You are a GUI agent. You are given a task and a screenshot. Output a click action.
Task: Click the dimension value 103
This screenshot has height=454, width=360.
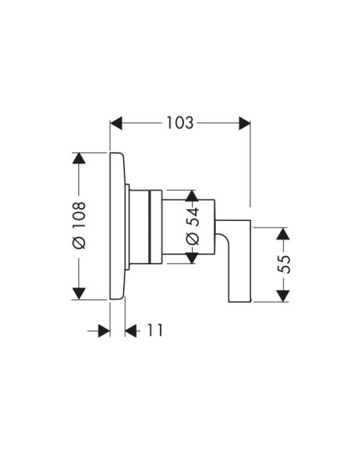click(180, 123)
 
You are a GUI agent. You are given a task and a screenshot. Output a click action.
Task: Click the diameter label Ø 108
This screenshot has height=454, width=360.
click(79, 226)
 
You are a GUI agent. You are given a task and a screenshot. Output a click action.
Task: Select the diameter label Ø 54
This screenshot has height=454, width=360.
click(193, 226)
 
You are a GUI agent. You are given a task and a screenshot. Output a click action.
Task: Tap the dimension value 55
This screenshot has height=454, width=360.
click(283, 263)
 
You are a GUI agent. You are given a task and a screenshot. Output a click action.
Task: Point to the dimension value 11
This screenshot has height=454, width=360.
click(155, 330)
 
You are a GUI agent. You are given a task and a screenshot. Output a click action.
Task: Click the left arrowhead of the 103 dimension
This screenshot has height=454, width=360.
click(116, 123)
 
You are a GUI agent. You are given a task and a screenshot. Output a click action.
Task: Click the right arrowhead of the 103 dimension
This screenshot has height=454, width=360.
click(245, 123)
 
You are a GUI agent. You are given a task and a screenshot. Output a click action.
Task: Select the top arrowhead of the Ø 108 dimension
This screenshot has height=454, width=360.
click(79, 158)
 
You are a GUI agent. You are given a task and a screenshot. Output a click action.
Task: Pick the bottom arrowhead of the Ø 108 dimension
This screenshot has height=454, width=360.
click(79, 294)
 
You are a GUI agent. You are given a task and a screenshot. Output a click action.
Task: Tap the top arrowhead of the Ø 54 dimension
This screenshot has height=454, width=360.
click(192, 195)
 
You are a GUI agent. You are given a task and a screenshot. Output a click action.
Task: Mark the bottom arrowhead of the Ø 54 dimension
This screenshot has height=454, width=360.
click(192, 258)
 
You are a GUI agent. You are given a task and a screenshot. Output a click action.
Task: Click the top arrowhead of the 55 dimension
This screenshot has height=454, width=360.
click(282, 233)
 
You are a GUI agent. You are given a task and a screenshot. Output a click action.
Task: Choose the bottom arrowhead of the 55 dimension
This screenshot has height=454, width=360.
click(282, 296)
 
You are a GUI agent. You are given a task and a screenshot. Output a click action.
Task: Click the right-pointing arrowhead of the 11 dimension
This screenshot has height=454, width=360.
click(104, 331)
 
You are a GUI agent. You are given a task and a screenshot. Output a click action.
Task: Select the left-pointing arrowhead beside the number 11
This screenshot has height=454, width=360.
click(131, 331)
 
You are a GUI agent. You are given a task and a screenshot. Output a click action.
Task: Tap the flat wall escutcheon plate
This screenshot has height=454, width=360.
click(118, 226)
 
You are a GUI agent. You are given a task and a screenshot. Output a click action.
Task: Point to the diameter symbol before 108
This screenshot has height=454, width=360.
click(79, 242)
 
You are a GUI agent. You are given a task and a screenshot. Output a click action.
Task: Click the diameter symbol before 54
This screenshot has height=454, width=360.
click(193, 239)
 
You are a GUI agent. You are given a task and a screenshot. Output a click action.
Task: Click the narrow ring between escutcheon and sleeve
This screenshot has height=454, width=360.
click(127, 227)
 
